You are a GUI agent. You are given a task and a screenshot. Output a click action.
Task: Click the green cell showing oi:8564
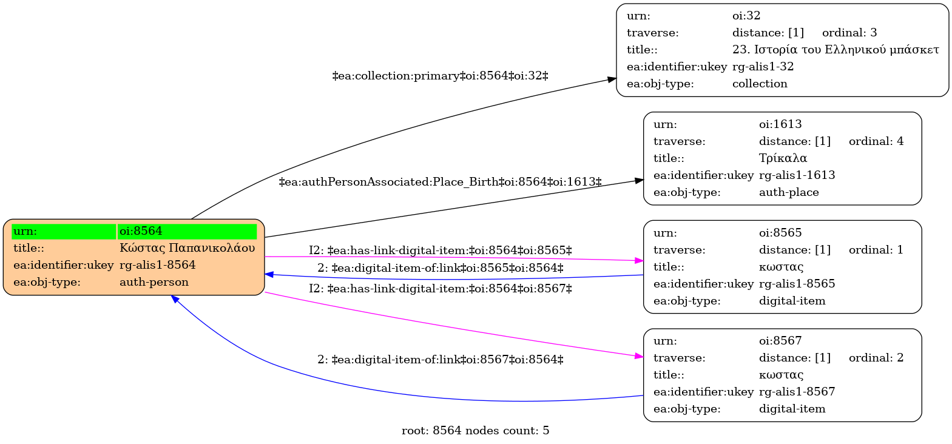tap(187, 231)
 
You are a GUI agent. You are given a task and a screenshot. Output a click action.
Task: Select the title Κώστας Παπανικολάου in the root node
tap(187, 248)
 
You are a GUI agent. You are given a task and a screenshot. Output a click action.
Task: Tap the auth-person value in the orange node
tap(154, 282)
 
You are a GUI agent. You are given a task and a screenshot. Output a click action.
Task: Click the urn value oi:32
tap(746, 16)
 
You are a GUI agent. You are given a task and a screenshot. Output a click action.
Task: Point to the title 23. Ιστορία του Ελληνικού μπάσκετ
tap(836, 50)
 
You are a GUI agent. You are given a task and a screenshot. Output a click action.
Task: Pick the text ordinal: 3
tap(849, 33)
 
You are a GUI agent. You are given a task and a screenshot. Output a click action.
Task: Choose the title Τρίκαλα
tap(783, 158)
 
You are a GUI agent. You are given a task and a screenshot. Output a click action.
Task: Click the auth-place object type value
tap(789, 192)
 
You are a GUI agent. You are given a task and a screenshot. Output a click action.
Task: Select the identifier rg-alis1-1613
tap(797, 175)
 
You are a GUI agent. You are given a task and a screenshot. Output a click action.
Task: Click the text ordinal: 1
tap(876, 250)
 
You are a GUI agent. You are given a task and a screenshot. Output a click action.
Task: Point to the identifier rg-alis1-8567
tap(797, 391)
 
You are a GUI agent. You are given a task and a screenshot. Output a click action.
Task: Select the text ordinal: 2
tap(876, 358)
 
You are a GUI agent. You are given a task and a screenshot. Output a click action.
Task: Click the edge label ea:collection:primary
tap(441, 76)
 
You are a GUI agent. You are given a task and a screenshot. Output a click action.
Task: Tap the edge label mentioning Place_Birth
tap(441, 183)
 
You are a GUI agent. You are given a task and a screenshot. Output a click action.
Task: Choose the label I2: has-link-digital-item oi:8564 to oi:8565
tap(441, 251)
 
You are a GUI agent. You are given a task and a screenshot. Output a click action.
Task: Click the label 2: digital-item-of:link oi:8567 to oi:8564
tap(441, 360)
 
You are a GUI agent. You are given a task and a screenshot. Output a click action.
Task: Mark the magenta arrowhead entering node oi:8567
tap(639, 356)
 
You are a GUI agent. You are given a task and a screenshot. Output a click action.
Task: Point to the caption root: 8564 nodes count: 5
tap(476, 431)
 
